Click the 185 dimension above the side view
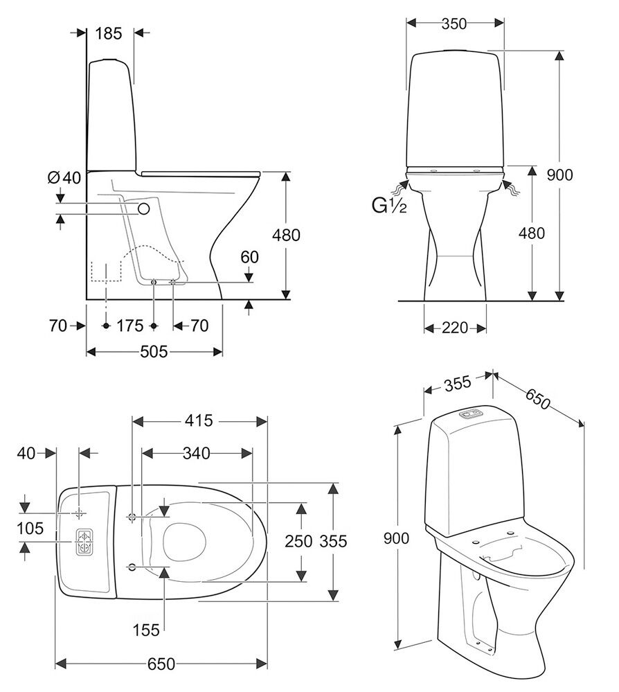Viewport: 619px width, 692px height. (x=109, y=33)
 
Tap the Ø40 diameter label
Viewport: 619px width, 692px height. (x=64, y=177)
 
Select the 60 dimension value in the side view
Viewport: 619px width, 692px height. (x=250, y=258)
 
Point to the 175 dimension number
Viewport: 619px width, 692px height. (x=129, y=326)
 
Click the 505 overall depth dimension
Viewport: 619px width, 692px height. (x=154, y=352)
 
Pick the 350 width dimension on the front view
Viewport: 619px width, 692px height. (x=454, y=23)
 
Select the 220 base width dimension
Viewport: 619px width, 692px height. (x=455, y=327)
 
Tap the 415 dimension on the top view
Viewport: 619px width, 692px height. (x=199, y=420)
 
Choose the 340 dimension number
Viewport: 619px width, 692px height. (x=196, y=453)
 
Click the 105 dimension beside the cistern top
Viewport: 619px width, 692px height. (x=30, y=529)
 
